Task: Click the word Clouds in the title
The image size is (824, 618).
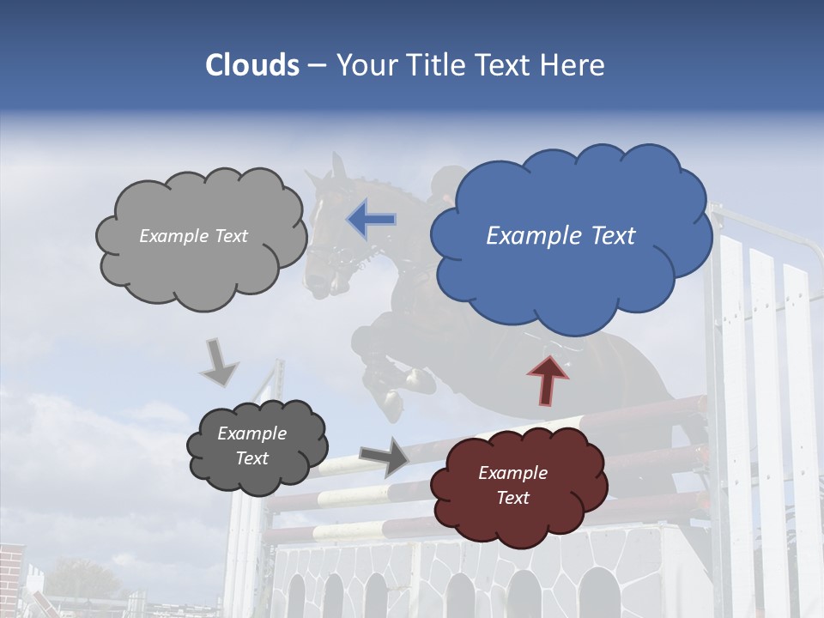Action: [x=251, y=65]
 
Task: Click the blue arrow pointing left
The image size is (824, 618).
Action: [x=371, y=219]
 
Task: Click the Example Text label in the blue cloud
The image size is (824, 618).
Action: [x=560, y=236]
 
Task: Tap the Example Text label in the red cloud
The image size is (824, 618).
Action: [x=512, y=485]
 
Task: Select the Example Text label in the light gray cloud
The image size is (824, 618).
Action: [x=193, y=236]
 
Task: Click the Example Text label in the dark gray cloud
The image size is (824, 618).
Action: [x=251, y=446]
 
